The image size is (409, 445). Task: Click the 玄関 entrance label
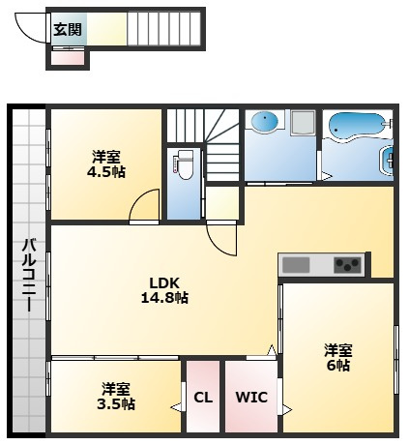click(x=68, y=30)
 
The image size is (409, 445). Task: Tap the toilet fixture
click(x=185, y=164)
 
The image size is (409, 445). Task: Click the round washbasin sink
click(x=264, y=122)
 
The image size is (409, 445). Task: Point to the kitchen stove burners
click(x=347, y=265)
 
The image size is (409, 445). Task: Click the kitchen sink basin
click(x=296, y=265)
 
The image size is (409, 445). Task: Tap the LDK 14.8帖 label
click(x=164, y=290)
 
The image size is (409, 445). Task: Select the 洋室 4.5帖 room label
click(x=106, y=164)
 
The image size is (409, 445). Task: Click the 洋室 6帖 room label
click(x=338, y=358)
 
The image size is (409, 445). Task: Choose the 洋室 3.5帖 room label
click(x=116, y=397)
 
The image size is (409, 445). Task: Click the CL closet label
click(x=203, y=398)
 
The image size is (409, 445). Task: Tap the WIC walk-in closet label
click(x=251, y=398)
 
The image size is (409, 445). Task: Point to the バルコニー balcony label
click(x=29, y=275)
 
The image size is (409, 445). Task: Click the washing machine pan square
click(x=303, y=122)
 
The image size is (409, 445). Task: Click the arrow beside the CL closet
click(x=176, y=407)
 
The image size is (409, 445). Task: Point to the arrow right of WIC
click(x=287, y=409)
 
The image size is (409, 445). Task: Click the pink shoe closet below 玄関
click(x=68, y=58)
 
